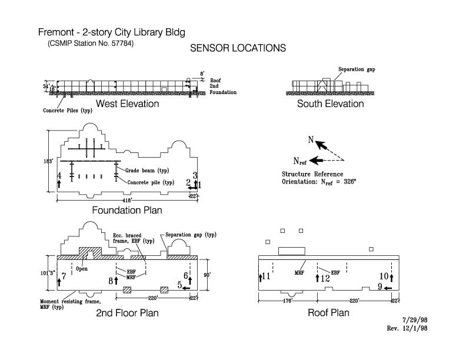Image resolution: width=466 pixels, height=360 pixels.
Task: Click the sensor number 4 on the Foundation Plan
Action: [59, 176]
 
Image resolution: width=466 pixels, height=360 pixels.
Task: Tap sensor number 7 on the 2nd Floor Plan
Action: [64, 275]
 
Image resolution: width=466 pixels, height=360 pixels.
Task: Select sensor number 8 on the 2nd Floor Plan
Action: [110, 281]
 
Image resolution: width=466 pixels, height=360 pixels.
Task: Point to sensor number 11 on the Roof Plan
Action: [267, 276]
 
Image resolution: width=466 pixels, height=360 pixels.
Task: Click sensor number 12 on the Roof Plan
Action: [325, 278]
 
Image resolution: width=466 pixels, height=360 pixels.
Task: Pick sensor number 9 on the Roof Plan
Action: [380, 286]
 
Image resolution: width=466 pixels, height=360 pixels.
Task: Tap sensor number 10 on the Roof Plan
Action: [384, 276]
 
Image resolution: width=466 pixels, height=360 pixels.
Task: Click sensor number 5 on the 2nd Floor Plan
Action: [179, 285]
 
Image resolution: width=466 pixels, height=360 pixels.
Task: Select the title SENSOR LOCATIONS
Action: [238, 49]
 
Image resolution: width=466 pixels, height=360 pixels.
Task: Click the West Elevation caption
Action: [127, 104]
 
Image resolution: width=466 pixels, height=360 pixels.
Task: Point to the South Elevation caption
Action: [330, 104]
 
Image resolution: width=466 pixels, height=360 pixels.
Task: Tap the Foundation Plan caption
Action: [127, 210]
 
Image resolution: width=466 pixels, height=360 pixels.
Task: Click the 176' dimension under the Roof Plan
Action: [288, 301]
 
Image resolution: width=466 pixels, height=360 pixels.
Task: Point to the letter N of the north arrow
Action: [310, 140]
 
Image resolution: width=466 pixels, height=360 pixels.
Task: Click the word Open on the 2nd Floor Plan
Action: [82, 269]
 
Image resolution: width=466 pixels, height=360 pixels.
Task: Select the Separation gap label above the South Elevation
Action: [357, 69]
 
